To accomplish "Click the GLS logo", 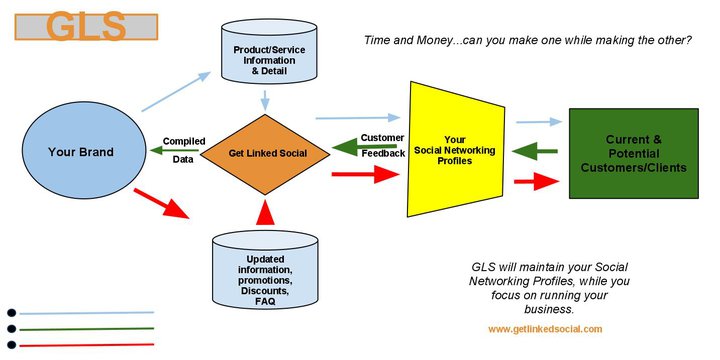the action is click(x=86, y=27).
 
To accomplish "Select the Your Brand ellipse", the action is click(x=84, y=150).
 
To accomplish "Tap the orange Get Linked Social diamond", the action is click(x=265, y=154).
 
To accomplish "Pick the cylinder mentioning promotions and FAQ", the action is click(x=265, y=270).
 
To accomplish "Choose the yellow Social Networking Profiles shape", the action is click(x=456, y=149).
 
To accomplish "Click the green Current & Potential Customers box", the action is click(x=634, y=153).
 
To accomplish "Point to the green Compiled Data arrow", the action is click(x=174, y=150).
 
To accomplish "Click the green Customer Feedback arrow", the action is click(x=364, y=147).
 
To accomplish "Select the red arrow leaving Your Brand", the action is click(x=161, y=203).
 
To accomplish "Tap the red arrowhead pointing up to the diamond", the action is click(x=265, y=212).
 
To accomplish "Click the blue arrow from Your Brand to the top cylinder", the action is click(x=176, y=91).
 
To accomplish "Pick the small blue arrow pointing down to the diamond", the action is click(x=265, y=101).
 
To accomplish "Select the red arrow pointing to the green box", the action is click(x=536, y=182).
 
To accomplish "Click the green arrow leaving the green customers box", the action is click(x=534, y=151).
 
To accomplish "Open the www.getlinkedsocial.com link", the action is click(x=545, y=329).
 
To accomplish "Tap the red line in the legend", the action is click(x=86, y=345).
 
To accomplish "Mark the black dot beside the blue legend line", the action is click(x=11, y=313).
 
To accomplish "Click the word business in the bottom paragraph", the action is click(x=549, y=309).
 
